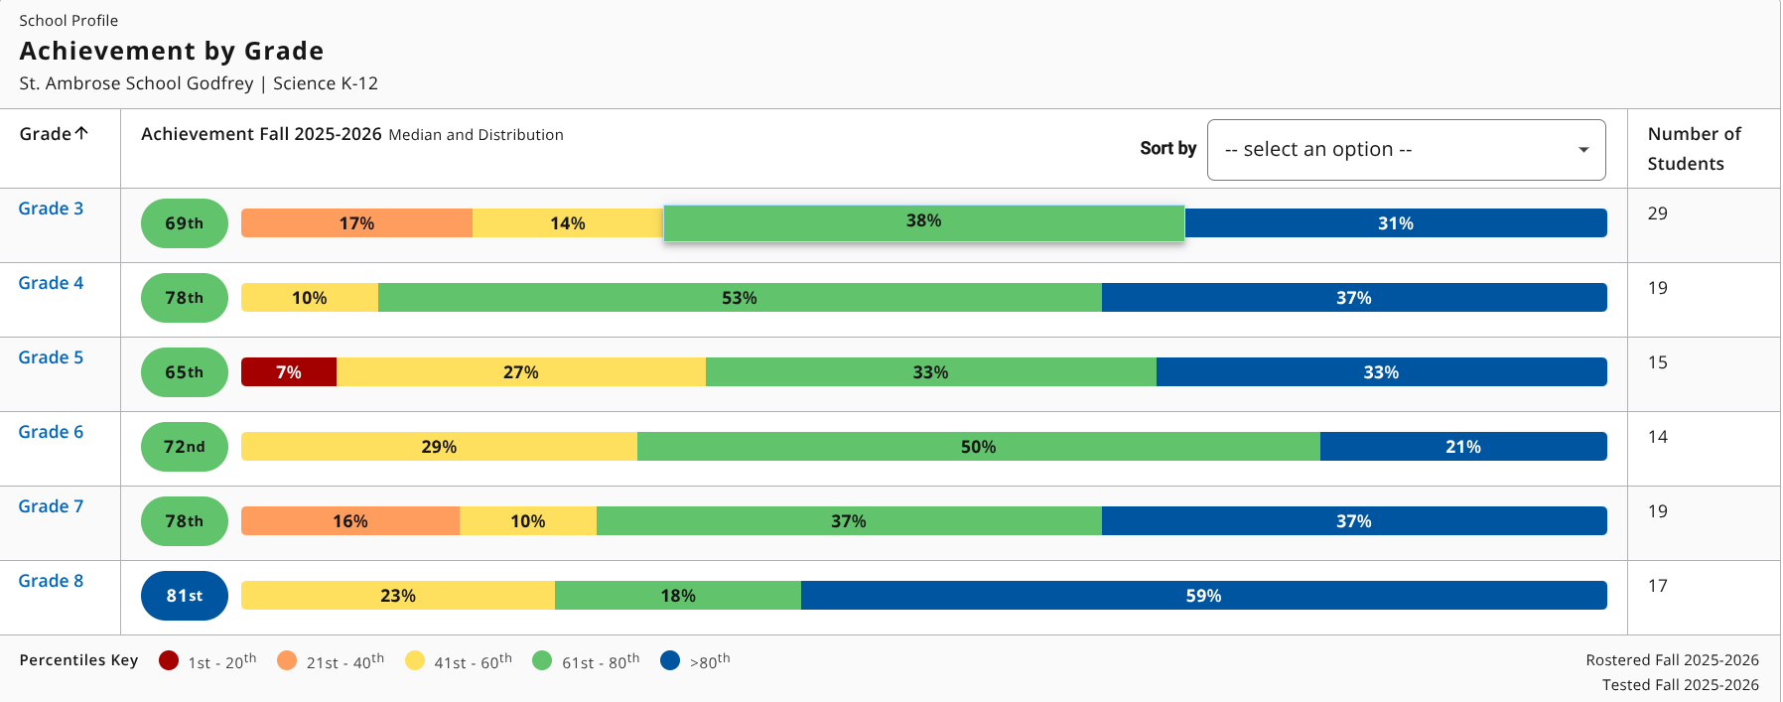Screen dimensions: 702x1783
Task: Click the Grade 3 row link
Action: coord(51,209)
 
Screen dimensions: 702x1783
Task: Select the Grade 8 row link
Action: coord(51,581)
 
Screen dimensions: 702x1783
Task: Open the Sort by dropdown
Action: coord(1406,150)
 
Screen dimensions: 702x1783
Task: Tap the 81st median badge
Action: coord(185,596)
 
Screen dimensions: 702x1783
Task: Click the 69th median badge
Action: coord(185,223)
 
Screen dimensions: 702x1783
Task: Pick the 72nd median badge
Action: coord(185,447)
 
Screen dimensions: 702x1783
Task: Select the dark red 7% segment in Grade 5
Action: coord(289,372)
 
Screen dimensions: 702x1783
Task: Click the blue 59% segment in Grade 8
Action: coord(1203,596)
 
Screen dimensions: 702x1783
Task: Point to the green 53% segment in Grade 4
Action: coord(740,298)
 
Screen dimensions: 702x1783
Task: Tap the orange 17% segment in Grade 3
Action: coord(356,223)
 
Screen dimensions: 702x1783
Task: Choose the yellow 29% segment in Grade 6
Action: coord(439,447)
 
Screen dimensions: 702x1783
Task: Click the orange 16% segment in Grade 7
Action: coord(350,521)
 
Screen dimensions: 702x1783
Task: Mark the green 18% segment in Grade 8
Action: coord(678,596)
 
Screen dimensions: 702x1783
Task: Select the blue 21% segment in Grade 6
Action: coord(1463,447)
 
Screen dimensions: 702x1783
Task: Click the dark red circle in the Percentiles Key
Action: coord(169,660)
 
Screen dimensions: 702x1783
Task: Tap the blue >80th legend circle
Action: coord(670,660)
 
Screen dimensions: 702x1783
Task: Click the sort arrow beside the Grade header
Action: coord(81,133)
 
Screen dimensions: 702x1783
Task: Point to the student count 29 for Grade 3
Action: coord(1658,213)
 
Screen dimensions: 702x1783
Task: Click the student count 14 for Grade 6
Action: coord(1658,437)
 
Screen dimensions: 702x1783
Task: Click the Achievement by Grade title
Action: coord(172,51)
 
